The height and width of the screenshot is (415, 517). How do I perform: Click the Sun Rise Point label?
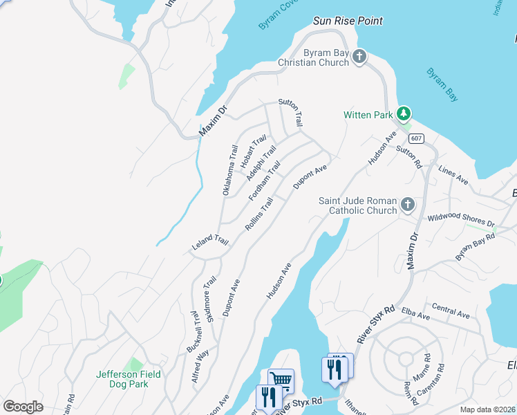[x=348, y=21]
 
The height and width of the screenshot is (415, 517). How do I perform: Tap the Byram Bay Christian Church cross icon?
[x=359, y=57]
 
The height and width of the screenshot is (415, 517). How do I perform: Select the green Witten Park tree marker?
[x=404, y=114]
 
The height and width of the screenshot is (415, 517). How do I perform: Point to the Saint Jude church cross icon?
[x=408, y=205]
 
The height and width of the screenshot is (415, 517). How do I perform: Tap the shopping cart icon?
[x=281, y=380]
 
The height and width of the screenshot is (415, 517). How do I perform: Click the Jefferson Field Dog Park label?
[x=129, y=379]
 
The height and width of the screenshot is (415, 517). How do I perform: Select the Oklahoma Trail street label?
[x=229, y=169]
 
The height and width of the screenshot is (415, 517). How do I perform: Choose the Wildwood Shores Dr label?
[x=461, y=219]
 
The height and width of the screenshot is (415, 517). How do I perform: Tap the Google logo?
[x=23, y=407]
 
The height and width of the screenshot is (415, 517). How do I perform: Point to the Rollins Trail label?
[x=259, y=214]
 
